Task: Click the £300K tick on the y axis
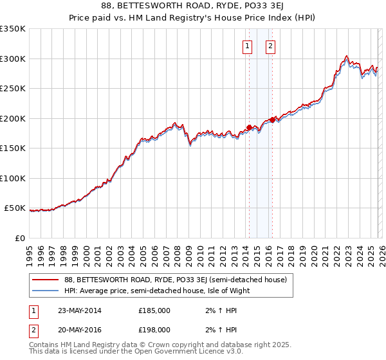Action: [13, 59]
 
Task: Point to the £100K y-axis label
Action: [13, 178]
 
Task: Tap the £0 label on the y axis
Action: [20, 239]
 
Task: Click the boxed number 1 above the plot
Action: [248, 46]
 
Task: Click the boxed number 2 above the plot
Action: [270, 46]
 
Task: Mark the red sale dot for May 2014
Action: [250, 127]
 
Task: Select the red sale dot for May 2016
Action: [272, 120]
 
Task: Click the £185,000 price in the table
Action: [154, 310]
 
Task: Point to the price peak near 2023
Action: [347, 56]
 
